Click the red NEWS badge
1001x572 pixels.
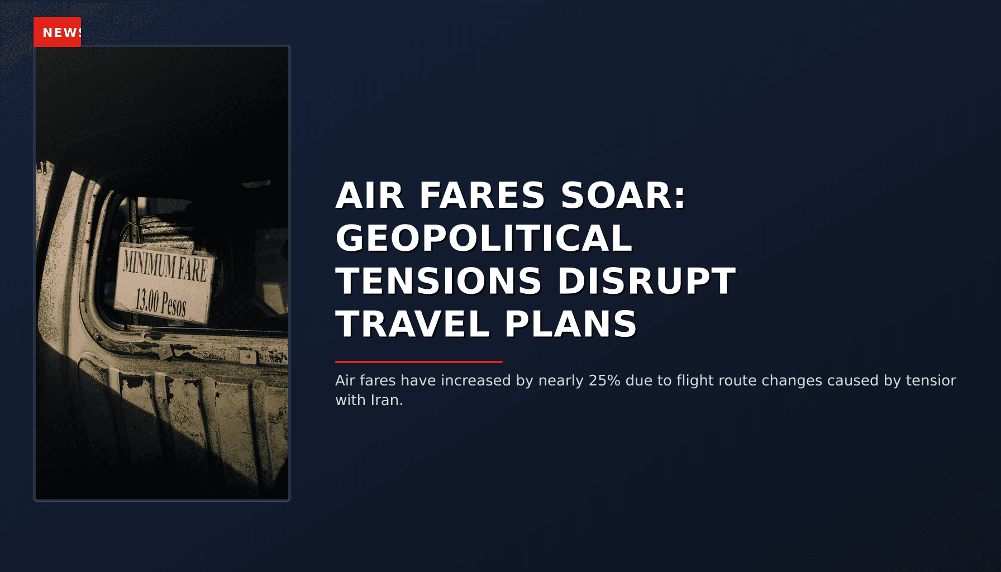(58, 32)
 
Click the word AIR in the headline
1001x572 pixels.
(369, 196)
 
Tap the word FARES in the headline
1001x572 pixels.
(482, 196)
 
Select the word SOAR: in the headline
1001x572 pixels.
(623, 196)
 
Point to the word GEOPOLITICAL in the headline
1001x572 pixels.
(484, 239)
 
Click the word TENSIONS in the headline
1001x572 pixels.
(438, 281)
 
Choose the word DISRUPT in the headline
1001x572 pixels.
(646, 281)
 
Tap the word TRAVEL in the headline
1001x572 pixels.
(413, 324)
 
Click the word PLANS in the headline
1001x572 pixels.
(570, 324)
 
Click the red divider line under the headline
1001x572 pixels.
(418, 362)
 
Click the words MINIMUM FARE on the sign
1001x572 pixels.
(165, 266)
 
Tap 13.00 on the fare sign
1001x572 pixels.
(147, 301)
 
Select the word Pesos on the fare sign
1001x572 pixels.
(174, 305)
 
